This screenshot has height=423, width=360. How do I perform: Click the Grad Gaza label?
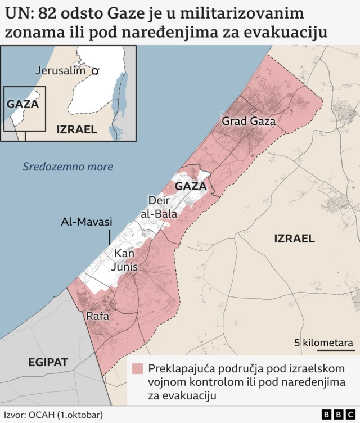(249, 121)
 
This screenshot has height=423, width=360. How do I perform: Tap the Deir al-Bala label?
(163, 207)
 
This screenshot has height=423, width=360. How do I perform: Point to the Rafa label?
(97, 317)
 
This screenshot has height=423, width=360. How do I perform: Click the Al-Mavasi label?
(87, 222)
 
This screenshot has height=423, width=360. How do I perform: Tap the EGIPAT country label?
(48, 362)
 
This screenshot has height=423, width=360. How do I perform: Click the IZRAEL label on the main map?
(294, 238)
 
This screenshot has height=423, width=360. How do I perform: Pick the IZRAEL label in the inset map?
(76, 129)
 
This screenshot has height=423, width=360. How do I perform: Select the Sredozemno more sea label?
(67, 166)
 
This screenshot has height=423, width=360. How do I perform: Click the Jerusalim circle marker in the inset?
(96, 71)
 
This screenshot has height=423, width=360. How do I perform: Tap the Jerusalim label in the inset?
(60, 71)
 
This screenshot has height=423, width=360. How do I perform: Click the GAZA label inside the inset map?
(22, 104)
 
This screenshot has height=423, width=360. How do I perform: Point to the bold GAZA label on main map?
(191, 186)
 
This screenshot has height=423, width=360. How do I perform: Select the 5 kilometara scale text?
(324, 343)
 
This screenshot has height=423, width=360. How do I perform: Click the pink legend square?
(137, 369)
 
